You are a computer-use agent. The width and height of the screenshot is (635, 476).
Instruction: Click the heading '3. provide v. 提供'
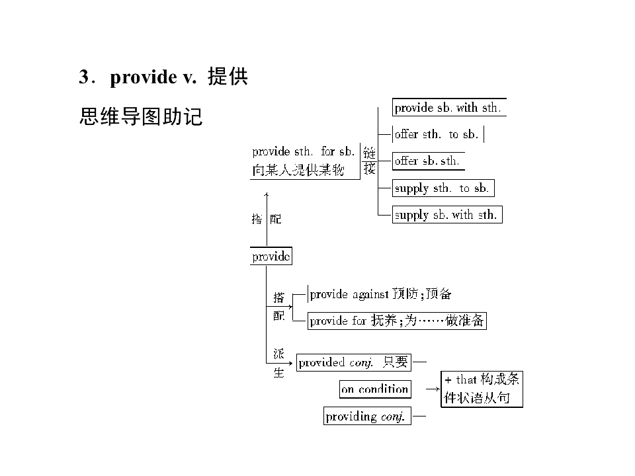[163, 77]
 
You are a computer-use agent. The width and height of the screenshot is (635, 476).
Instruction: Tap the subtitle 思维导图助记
[140, 116]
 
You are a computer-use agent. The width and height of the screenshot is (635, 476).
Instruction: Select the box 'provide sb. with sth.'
[449, 108]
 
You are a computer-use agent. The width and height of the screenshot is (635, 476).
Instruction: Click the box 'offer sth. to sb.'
[438, 134]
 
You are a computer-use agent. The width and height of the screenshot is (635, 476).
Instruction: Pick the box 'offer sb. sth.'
[428, 161]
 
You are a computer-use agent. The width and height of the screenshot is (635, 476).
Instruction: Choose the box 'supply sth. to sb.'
[443, 188]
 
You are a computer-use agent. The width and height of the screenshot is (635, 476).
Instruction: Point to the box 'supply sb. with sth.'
[447, 214]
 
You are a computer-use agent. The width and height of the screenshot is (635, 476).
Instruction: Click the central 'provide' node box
[271, 257]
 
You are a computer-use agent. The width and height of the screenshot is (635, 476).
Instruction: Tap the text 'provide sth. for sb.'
[304, 151]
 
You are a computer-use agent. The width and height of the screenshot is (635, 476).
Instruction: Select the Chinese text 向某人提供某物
[298, 170]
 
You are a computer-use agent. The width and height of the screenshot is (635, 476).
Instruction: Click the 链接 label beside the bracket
[369, 161]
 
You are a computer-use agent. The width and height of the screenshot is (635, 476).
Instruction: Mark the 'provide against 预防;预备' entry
[380, 294]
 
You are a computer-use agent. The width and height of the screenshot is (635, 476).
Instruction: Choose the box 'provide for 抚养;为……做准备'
[397, 321]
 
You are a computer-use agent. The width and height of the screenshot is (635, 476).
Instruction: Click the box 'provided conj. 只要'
[353, 362]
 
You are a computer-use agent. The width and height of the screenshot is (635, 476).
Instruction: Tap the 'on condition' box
[375, 389]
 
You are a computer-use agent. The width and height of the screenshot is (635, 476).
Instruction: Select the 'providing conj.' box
[367, 416]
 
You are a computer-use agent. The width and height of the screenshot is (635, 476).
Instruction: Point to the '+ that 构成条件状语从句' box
[482, 389]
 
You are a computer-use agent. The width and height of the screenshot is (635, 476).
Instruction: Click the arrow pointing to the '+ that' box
[433, 389]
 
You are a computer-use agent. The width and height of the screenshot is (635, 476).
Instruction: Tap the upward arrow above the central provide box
[267, 219]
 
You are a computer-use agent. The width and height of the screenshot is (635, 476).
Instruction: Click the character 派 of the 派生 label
[278, 354]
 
